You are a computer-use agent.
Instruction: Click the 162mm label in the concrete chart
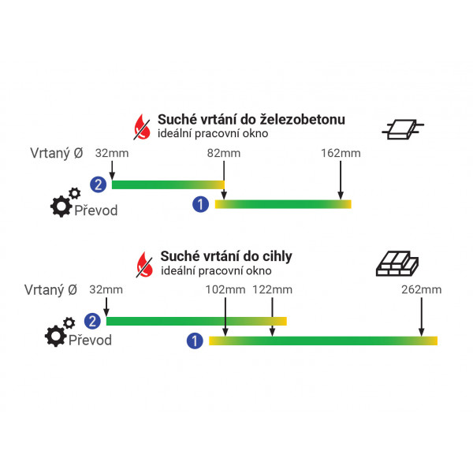[340, 152]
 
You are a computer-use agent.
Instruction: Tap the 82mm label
[223, 152]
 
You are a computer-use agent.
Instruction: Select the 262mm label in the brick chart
[422, 289]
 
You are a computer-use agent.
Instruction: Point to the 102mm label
[225, 289]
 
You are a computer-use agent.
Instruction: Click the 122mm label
[272, 289]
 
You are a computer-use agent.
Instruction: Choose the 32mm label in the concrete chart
[111, 152]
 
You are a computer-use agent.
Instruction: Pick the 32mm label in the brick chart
[106, 289]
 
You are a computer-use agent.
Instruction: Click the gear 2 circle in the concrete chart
[98, 185]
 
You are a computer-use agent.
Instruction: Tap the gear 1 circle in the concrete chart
[201, 205]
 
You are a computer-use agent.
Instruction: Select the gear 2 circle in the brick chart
[92, 321]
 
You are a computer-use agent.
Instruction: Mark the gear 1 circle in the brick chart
[194, 341]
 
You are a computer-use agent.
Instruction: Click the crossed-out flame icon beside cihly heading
[144, 263]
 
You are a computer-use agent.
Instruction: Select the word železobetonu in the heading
[304, 120]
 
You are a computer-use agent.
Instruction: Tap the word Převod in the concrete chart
[96, 210]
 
